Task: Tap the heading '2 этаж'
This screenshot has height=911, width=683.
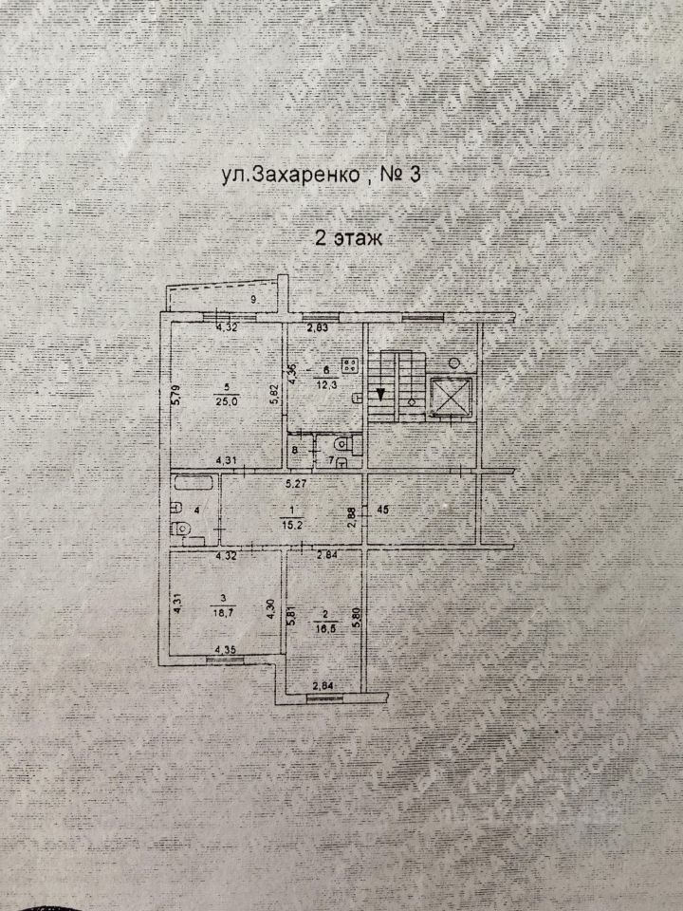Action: (347, 238)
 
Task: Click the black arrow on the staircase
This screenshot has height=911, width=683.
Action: (378, 394)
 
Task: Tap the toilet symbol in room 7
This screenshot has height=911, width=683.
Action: (344, 444)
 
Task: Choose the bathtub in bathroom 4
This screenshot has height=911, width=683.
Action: (195, 485)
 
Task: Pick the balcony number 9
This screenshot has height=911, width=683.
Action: (253, 300)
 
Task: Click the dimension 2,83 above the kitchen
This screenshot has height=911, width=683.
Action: (317, 329)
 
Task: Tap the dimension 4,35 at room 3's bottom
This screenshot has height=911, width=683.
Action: (226, 650)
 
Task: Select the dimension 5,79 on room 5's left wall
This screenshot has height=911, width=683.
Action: (175, 393)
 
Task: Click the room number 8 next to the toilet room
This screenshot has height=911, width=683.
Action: (296, 451)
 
